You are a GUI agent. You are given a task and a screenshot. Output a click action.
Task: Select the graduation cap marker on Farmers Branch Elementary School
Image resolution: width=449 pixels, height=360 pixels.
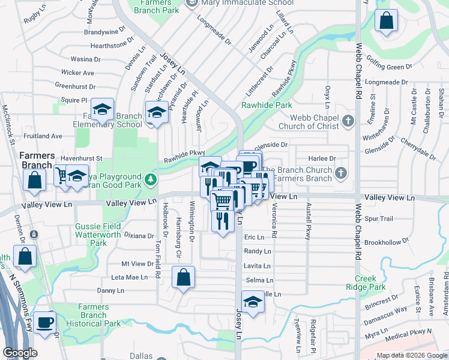(103, 110)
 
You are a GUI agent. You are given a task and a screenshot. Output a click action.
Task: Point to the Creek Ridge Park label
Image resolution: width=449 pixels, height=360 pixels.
(370, 283)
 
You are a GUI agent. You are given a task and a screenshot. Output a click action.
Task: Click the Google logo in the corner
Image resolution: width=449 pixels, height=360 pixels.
(20, 353)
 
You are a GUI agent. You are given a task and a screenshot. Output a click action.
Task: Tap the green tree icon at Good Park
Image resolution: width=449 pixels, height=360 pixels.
(152, 178)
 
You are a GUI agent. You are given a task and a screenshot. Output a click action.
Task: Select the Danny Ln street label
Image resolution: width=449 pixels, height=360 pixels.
(110, 290)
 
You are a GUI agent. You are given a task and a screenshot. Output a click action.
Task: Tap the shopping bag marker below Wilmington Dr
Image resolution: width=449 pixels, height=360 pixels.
(183, 278)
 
